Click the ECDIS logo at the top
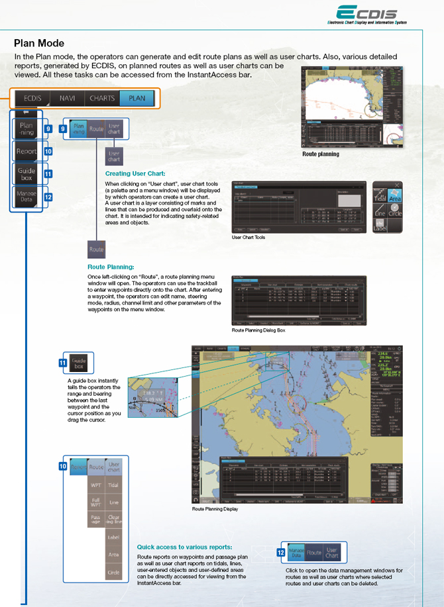366,15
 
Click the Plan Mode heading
39,44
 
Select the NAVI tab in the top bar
67,98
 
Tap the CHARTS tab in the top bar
102,98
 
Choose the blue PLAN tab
137,98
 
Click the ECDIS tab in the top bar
32,98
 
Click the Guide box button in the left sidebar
27,175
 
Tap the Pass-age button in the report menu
96,520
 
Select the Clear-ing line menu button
114,520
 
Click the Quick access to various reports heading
184,547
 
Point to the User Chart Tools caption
249,236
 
